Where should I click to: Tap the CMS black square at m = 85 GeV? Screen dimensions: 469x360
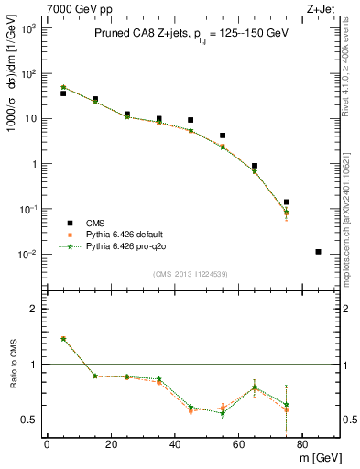tap(318, 252)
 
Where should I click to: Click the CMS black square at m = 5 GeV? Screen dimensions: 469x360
tap(63, 93)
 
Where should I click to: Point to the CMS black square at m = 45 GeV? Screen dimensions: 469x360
tap(191, 120)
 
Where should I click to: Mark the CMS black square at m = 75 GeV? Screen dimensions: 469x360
tap(287, 202)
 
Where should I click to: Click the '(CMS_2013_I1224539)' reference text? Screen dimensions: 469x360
tap(191, 273)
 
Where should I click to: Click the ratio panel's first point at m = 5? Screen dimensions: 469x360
tap(63, 339)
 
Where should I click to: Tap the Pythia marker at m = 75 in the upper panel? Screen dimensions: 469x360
tap(287, 213)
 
